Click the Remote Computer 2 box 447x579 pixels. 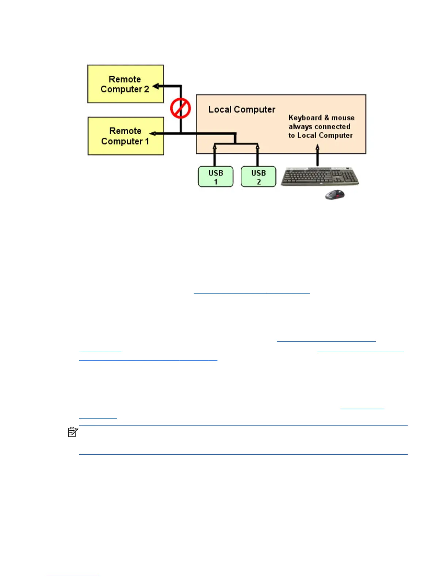[125, 84]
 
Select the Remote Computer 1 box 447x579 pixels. [126, 136]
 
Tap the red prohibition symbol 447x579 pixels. [180, 108]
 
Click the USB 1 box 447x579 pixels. [215, 177]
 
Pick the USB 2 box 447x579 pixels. [258, 177]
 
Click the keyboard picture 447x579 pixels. [320, 177]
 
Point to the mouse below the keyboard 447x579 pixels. [335, 194]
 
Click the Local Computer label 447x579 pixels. [242, 109]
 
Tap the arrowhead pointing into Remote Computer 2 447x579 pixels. [156, 87]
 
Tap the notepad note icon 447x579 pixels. [73, 432]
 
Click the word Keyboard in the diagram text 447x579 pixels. [305, 118]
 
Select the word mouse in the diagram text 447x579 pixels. [343, 118]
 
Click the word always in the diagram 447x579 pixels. [299, 126]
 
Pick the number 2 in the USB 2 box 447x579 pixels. [259, 182]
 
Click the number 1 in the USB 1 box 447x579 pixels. [216, 182]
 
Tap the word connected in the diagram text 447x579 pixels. [332, 126]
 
